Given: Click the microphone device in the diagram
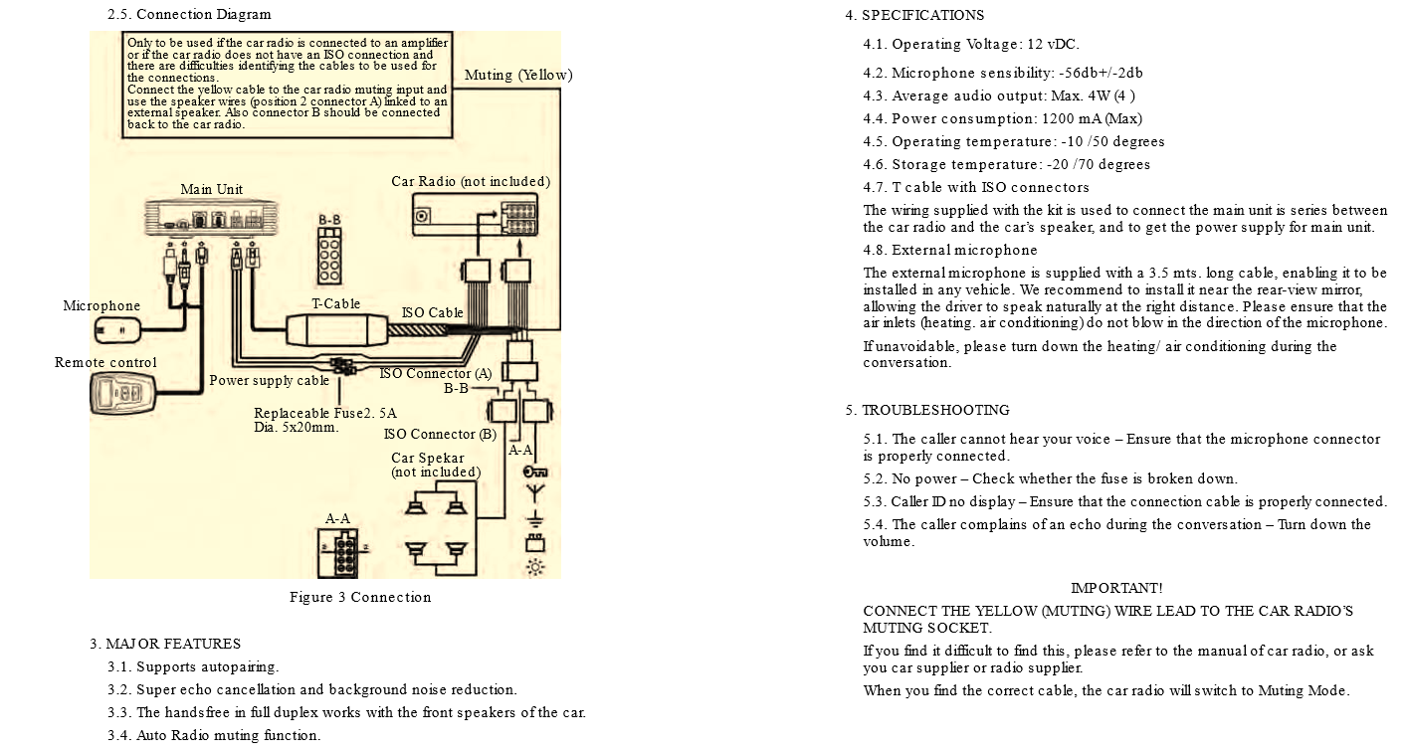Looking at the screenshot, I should [x=117, y=330].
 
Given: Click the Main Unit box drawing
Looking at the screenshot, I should [x=211, y=216].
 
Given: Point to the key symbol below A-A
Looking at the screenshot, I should [x=534, y=471].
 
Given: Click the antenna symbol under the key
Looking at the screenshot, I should [x=534, y=493].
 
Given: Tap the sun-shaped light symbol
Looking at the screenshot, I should [x=534, y=567].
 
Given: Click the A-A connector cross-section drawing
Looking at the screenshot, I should [x=338, y=551].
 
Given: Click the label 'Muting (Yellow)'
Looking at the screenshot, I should [x=518, y=75].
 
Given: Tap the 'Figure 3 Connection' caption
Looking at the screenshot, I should [x=360, y=597].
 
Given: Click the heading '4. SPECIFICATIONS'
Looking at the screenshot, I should [x=914, y=15].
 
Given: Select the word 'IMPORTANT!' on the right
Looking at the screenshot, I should [x=1116, y=589].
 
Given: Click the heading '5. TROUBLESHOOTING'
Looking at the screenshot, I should [x=926, y=410].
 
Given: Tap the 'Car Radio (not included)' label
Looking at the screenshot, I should [x=470, y=181].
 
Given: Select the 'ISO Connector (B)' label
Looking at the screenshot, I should [x=440, y=434].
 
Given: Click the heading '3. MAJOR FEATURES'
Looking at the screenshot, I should [x=165, y=644].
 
